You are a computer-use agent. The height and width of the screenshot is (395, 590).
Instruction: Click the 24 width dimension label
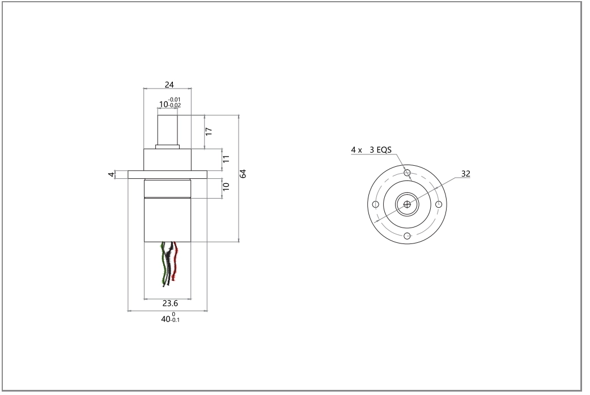coord(169,85)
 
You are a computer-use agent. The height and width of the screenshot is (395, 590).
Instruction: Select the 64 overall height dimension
coord(243,174)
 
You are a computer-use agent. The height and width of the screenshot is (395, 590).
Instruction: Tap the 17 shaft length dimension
coord(209,132)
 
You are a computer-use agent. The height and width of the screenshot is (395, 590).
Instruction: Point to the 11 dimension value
coord(226,159)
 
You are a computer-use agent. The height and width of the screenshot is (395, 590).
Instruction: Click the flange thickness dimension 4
coord(111,174)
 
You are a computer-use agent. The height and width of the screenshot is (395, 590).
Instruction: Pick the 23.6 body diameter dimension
coord(170,303)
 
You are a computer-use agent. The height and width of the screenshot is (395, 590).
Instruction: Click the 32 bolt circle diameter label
coord(465,174)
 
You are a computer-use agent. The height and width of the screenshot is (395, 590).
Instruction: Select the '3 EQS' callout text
coord(380,150)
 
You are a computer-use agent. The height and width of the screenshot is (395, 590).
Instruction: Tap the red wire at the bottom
coord(175,260)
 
